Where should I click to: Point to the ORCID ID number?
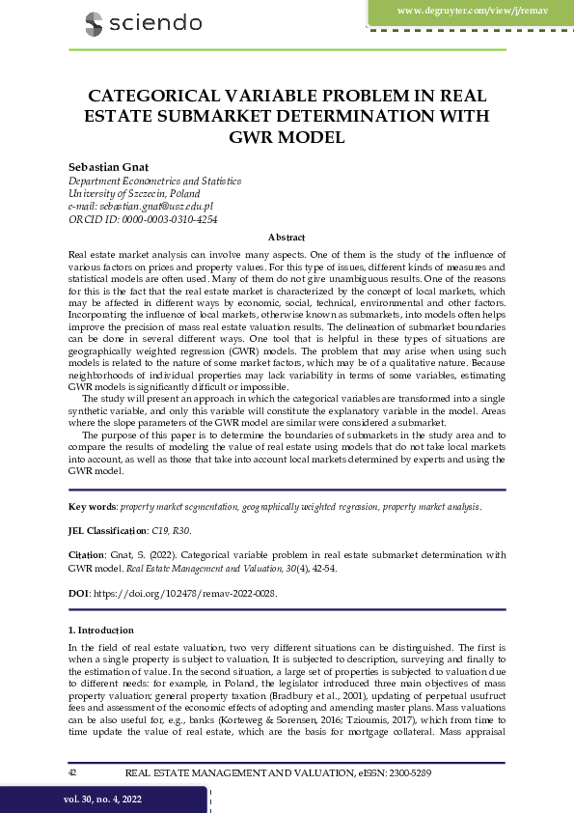[176, 219]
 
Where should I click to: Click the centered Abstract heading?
[287, 237]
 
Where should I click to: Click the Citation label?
[87, 555]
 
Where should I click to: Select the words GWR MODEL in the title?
[287, 137]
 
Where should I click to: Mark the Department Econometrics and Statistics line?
[154, 182]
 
